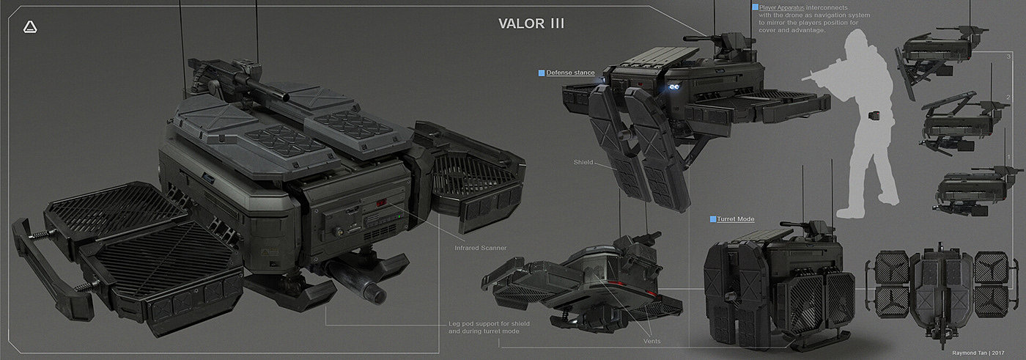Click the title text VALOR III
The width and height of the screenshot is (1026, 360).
531,23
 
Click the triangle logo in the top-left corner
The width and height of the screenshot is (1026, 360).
30,27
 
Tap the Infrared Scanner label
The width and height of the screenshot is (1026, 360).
480,248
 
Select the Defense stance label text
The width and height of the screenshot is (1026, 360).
571,73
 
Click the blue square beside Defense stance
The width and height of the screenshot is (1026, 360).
542,73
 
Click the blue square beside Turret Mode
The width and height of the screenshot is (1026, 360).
712,219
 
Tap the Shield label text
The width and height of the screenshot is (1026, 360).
583,163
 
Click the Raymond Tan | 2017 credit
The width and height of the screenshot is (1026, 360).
983,353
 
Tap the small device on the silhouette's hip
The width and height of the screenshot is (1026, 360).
874,114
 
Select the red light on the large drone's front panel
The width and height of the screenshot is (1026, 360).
381,205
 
